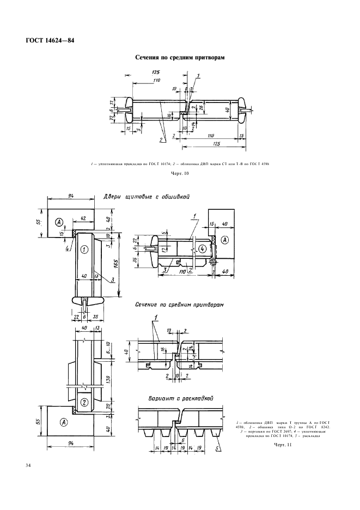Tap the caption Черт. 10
pyautogui.click(x=180, y=174)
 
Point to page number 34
pyautogui.click(x=28, y=465)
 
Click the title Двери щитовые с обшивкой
pyautogui.click(x=146, y=198)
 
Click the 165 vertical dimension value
pyautogui.click(x=115, y=263)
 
